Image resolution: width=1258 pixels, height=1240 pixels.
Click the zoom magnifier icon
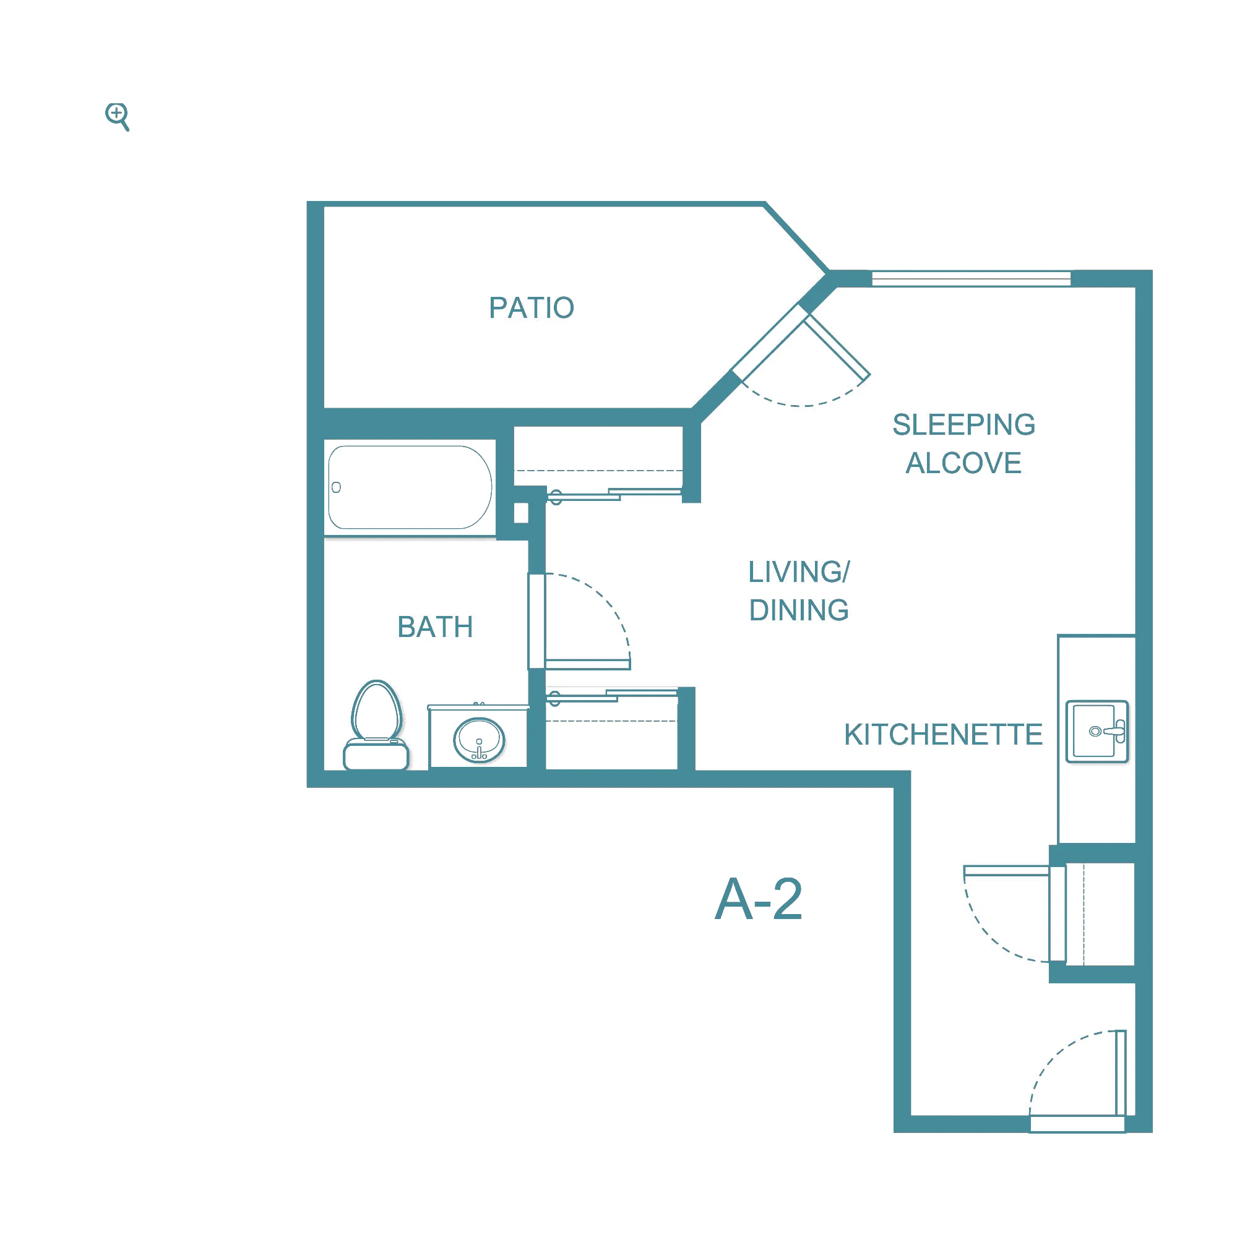[x=117, y=116]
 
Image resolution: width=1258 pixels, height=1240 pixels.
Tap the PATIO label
[x=532, y=308]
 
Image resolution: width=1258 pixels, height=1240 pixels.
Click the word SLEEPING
[x=963, y=424]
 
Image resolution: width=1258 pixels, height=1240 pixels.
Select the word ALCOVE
[x=963, y=463]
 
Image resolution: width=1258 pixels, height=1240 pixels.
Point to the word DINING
[x=799, y=610]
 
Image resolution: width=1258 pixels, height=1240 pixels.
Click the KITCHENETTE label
[x=944, y=734]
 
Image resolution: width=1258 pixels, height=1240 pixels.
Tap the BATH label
[x=435, y=627]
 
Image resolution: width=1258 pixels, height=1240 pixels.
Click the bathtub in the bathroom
[x=410, y=487]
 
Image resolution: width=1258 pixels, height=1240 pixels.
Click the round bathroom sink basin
[x=478, y=740]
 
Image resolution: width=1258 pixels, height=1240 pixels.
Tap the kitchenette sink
[x=1096, y=731]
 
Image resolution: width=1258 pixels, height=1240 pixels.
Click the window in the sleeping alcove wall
[x=971, y=278]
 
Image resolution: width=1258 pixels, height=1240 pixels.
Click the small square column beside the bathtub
[x=521, y=513]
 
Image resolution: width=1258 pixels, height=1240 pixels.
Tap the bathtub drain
[x=336, y=487]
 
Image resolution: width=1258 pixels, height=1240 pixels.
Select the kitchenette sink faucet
[x=1111, y=731]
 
